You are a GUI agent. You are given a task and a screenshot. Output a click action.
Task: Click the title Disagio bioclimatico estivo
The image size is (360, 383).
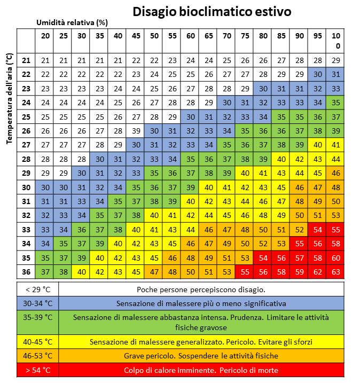pyautogui.click(x=212, y=12)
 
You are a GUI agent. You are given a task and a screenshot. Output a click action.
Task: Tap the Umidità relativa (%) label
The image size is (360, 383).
pyautogui.click(x=72, y=23)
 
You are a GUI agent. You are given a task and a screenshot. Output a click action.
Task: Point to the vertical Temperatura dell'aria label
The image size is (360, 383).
pyautogui.click(x=9, y=98)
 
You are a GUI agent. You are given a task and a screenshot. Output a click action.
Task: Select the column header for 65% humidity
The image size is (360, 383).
pyautogui.click(x=208, y=36)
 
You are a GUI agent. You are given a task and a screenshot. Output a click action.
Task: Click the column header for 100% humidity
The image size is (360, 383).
pyautogui.click(x=336, y=41)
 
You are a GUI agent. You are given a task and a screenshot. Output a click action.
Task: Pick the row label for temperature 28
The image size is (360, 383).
pyautogui.click(x=26, y=159)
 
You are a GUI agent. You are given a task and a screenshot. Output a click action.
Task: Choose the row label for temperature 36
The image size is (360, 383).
pyautogui.click(x=26, y=272)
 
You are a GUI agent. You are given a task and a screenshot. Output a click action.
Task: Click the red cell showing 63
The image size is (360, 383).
pyautogui.click(x=336, y=272)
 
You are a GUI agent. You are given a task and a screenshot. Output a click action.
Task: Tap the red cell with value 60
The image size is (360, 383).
pyautogui.click(x=336, y=258)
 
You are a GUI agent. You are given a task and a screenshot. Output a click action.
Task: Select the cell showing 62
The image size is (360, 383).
pyautogui.click(x=317, y=272)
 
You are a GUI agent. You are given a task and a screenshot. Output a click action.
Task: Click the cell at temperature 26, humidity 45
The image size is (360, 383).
pyautogui.click(x=136, y=131)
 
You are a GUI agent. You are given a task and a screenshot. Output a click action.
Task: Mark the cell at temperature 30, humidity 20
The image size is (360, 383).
pyautogui.click(x=45, y=187)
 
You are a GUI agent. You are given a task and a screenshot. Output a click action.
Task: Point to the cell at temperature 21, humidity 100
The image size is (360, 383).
pyautogui.click(x=336, y=60)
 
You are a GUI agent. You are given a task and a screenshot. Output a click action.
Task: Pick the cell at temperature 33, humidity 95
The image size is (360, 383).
pyautogui.click(x=317, y=230)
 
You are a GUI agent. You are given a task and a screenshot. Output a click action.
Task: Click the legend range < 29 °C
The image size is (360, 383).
pyautogui.click(x=38, y=290)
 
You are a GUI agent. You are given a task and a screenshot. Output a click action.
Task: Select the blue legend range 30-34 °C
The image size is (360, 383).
pyautogui.click(x=38, y=303)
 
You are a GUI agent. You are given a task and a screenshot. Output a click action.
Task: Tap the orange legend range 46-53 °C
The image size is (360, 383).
pyautogui.click(x=38, y=356)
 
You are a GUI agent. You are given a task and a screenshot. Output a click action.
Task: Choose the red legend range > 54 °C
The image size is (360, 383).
pyautogui.click(x=38, y=370)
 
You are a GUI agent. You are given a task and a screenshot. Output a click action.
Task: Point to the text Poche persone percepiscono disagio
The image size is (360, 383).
pyautogui.click(x=201, y=290)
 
